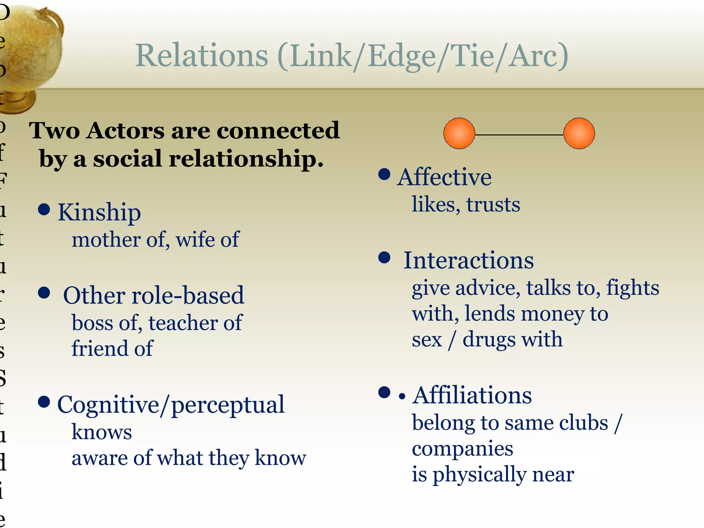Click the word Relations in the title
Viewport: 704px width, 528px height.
201,56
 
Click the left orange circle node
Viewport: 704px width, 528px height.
459,133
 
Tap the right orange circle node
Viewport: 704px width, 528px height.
579,133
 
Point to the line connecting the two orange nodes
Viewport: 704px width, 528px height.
519,135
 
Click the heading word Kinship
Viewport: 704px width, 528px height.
99,212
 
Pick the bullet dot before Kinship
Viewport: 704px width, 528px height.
44,209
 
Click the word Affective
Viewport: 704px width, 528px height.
444,177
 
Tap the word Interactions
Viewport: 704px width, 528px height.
468,261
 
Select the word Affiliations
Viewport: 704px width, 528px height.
472,395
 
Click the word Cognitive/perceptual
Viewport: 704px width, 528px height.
171,405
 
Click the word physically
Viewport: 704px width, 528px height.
479,475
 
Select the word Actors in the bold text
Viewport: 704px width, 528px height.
125,131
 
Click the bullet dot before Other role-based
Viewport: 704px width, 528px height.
44,293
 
